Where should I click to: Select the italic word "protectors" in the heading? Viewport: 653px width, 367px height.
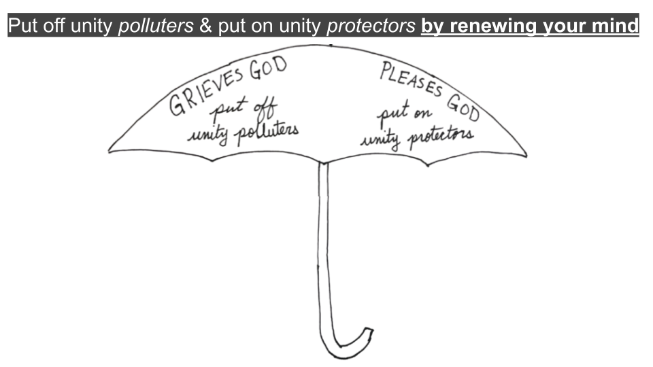click(x=371, y=27)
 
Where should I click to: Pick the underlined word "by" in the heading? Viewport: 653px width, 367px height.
click(x=433, y=27)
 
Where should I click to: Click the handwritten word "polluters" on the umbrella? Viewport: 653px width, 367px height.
click(x=265, y=132)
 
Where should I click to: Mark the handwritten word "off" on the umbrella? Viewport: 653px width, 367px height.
click(x=254, y=109)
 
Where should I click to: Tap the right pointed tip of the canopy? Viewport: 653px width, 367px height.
click(x=525, y=155)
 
